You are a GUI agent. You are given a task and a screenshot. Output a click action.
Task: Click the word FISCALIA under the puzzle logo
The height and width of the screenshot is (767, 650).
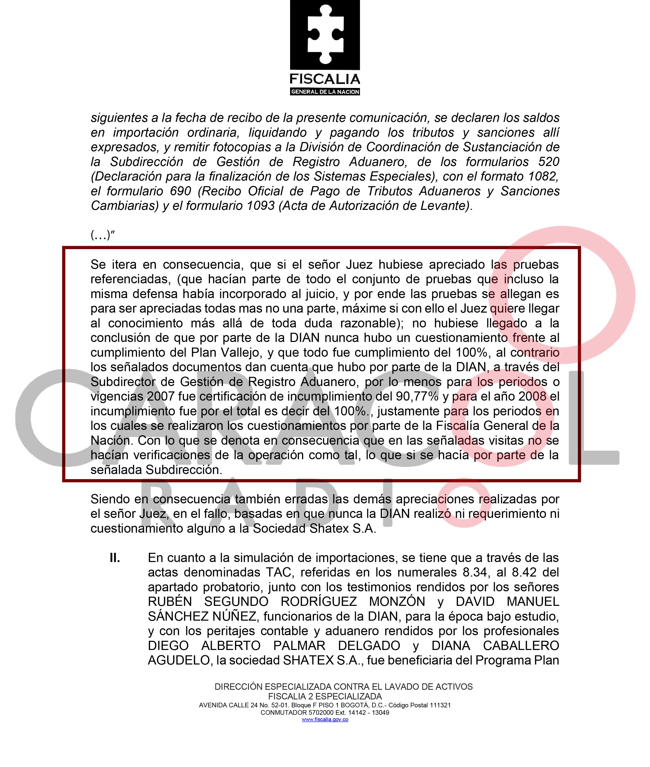coord(325,79)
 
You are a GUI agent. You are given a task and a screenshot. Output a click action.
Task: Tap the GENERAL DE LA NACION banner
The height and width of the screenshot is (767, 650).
coord(325,92)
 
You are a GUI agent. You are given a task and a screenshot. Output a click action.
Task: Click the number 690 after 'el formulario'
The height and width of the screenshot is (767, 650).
coord(180,191)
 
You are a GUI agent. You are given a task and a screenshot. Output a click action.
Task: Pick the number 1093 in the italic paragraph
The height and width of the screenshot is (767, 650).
coord(261,206)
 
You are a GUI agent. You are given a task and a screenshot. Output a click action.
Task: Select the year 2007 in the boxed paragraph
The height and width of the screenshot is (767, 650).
coord(161,396)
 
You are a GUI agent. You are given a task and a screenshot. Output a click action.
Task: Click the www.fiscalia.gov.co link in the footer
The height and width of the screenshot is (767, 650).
coord(325,720)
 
